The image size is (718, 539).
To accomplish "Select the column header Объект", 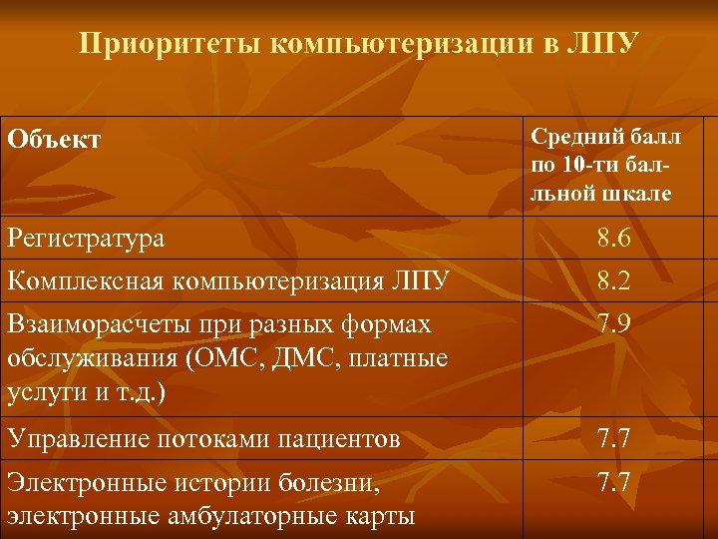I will [54, 139].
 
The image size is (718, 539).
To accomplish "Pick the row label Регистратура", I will [87, 239].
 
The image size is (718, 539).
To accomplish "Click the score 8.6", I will [613, 239].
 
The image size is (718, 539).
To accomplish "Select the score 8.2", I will [613, 281].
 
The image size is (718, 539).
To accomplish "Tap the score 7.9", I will [613, 324].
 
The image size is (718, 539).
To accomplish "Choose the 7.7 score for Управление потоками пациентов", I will [613, 437].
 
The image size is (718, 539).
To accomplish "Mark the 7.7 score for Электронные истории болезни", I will [613, 482].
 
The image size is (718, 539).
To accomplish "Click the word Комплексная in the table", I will [85, 281].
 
